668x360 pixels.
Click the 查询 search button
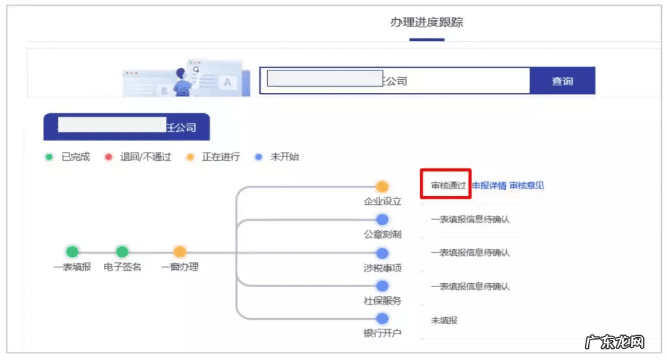coord(562,81)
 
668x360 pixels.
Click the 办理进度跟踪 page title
coord(427,23)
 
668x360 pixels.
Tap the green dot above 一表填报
coord(72,252)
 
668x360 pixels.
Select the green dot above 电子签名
coord(122,252)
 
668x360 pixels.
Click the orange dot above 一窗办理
coord(179,252)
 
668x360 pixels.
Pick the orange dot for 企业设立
coord(382,186)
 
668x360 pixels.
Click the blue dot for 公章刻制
coord(382,220)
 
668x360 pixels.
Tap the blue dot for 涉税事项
coord(382,253)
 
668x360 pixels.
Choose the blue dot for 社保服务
coord(382,286)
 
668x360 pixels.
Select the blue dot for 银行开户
coord(382,319)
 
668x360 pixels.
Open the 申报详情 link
coord(489,186)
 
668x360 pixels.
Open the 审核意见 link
coord(526,186)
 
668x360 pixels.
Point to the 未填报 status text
coord(444,320)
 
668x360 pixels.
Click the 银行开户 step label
coord(382,333)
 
